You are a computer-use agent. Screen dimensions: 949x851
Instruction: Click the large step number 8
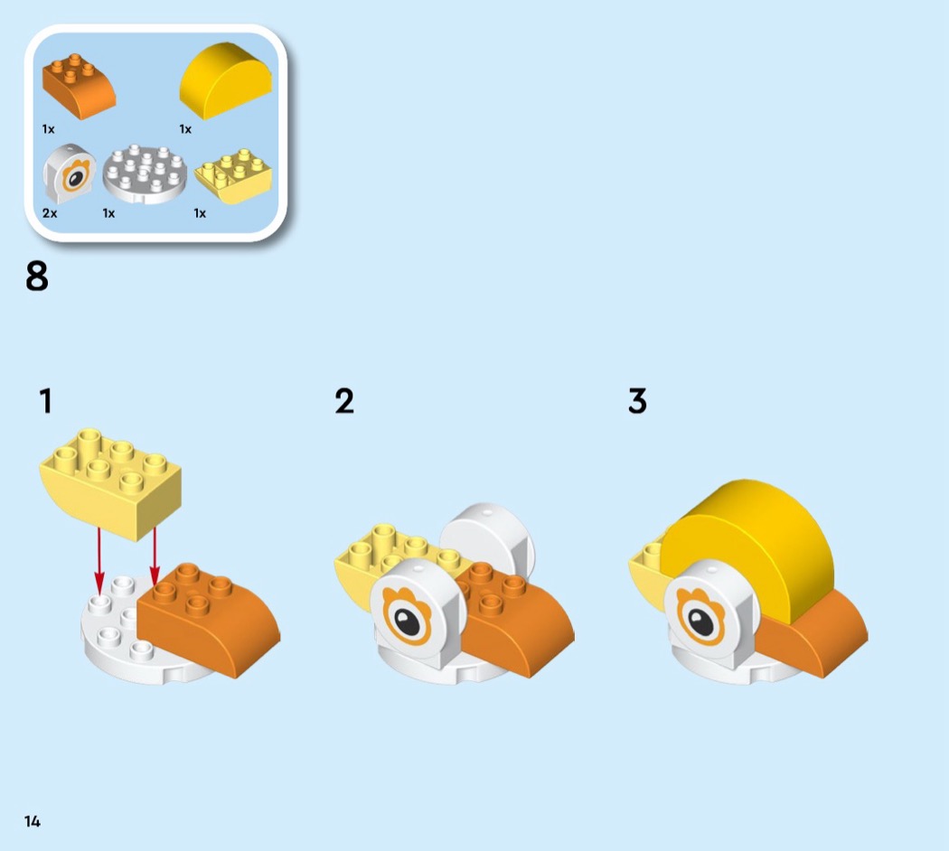pyautogui.click(x=37, y=276)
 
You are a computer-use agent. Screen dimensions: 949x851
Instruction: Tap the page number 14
pyautogui.click(x=32, y=821)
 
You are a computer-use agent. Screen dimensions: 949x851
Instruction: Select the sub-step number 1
pyautogui.click(x=46, y=401)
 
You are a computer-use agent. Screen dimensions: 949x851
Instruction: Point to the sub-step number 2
pyautogui.click(x=344, y=401)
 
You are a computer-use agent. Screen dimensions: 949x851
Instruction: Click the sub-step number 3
pyautogui.click(x=637, y=401)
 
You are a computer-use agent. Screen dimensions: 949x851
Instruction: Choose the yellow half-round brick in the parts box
pyautogui.click(x=225, y=79)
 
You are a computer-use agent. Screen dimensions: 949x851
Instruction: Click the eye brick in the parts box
pyautogui.click(x=69, y=173)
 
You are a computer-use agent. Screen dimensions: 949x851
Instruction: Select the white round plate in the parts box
pyautogui.click(x=145, y=174)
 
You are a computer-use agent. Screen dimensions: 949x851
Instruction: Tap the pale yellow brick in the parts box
pyautogui.click(x=233, y=175)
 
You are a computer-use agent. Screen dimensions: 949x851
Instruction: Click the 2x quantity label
pyautogui.click(x=50, y=213)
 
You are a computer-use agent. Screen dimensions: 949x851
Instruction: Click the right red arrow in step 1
pyautogui.click(x=155, y=556)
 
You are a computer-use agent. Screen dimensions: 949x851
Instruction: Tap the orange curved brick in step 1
pyautogui.click(x=209, y=620)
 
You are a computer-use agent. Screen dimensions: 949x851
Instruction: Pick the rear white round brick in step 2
pyautogui.click(x=487, y=540)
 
